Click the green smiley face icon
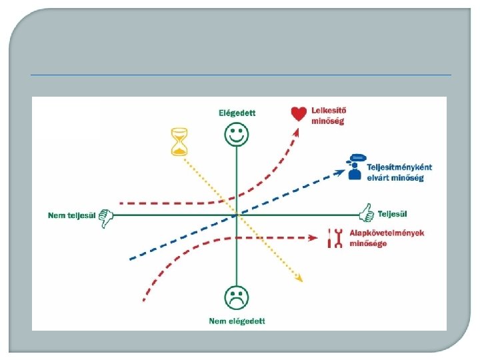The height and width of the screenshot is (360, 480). tap(237, 135)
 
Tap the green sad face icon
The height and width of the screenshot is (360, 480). tap(237, 298)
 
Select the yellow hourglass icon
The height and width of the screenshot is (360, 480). tap(179, 142)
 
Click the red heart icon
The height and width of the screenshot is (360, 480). tap(299, 114)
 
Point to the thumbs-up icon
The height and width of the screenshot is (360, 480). tap(365, 213)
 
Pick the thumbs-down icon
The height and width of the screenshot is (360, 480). tap(107, 217)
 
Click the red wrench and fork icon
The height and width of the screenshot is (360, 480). tap(337, 238)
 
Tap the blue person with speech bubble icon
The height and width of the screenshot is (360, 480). tap(355, 167)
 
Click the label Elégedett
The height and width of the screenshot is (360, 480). tap(237, 113)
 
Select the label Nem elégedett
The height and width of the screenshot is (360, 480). tap(237, 321)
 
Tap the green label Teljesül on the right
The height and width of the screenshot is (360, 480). tap(393, 214)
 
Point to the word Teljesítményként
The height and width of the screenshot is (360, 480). tap(398, 169)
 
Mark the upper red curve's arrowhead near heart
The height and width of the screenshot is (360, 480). tap(297, 129)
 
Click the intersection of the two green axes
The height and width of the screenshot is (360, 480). tap(237, 215)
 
